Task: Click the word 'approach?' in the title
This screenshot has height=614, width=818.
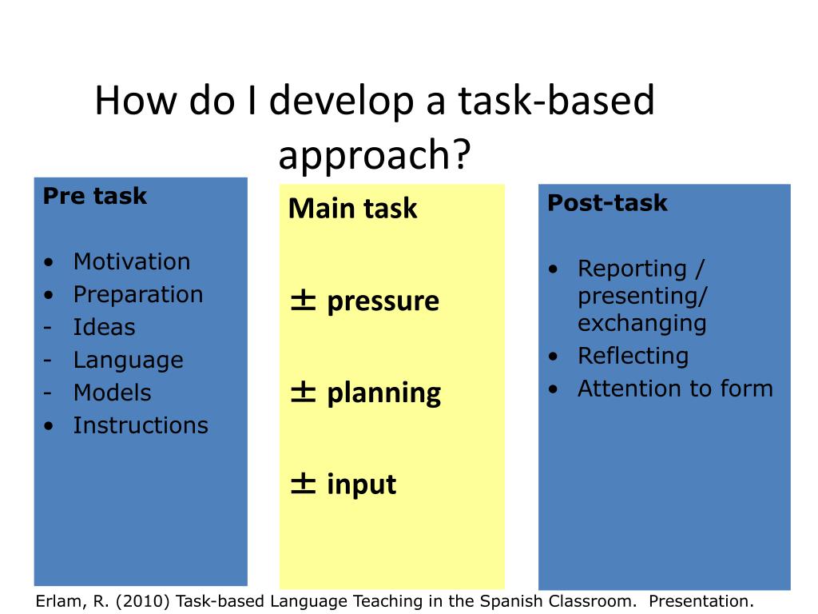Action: point(375,155)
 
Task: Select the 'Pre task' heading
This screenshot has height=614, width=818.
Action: point(95,197)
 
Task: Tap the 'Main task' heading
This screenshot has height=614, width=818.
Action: point(352,209)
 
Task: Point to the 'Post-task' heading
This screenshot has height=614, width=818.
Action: point(607,203)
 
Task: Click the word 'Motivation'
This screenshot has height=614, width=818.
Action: point(132,261)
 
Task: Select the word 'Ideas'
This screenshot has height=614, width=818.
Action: point(105,327)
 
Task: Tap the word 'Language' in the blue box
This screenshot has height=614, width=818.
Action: point(129,361)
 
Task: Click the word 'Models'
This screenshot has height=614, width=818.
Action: point(112,393)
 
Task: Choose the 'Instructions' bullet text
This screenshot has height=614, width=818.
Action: point(141,425)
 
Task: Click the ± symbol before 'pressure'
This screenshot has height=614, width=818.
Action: point(303,301)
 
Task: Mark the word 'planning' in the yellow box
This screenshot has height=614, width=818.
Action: point(384,394)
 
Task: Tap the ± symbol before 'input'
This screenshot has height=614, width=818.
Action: point(303,484)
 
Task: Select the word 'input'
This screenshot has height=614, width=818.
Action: point(362,484)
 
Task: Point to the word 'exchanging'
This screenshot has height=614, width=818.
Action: point(642,324)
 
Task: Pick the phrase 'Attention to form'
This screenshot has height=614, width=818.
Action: point(675,389)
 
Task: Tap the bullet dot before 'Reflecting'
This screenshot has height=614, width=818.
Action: point(554,357)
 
